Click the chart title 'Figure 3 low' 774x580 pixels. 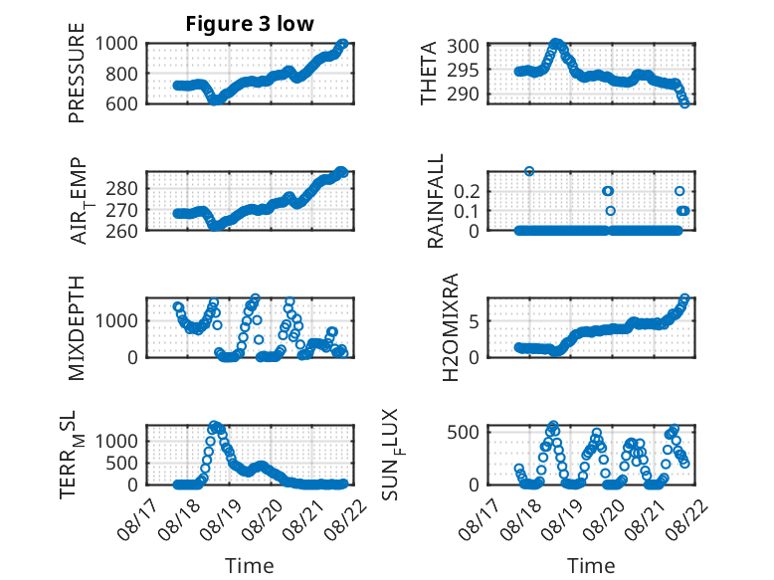[250, 24]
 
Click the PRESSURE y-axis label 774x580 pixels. [77, 73]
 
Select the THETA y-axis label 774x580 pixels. [429, 73]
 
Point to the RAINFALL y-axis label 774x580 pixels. [436, 201]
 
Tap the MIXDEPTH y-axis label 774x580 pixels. [77, 328]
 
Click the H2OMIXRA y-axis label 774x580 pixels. [451, 327]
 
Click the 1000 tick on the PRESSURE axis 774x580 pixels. [116, 44]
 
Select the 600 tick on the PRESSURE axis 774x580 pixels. [121, 103]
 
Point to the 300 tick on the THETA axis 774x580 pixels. [463, 46]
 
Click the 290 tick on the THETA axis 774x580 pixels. [463, 94]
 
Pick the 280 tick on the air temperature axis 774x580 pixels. [121, 188]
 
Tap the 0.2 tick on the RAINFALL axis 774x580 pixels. [467, 191]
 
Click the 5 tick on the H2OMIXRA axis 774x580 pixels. [474, 321]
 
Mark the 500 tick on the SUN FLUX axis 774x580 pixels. [463, 432]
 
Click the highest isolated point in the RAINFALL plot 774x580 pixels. [529, 171]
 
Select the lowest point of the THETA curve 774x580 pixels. [684, 103]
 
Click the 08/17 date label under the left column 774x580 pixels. [137, 519]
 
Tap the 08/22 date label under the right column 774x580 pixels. [688, 519]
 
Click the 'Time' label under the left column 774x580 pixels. [250, 565]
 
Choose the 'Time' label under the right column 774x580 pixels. [591, 565]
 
